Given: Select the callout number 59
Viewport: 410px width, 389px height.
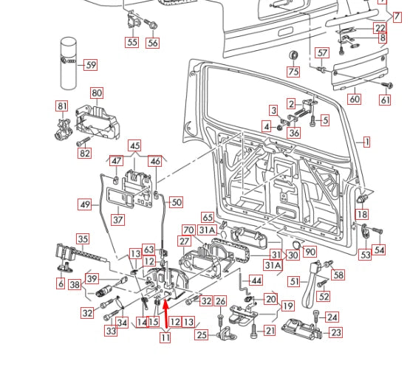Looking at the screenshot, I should [91, 65].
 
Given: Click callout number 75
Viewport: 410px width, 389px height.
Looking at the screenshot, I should [293, 72].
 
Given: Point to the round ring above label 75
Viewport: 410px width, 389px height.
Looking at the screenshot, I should [293, 55].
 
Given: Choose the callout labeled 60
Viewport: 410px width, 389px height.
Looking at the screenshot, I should [354, 99].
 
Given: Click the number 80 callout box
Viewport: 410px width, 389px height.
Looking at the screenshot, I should [97, 92].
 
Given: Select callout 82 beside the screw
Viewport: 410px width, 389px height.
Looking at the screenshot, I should [85, 153].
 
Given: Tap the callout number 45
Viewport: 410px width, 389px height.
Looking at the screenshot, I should [134, 145].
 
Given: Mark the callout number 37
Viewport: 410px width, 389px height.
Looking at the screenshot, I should [118, 219].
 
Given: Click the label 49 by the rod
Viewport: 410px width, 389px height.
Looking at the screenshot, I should [86, 204].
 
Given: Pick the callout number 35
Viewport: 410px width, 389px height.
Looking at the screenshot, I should [83, 238].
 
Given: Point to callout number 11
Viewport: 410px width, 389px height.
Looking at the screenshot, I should [165, 337].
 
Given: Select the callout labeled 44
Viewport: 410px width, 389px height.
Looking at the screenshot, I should [256, 280].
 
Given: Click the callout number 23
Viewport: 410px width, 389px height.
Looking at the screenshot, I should [335, 332].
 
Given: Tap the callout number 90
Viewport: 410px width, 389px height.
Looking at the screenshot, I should [310, 252].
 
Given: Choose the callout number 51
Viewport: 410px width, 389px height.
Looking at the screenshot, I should [293, 281].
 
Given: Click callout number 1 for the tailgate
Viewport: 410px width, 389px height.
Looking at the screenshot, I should [366, 141].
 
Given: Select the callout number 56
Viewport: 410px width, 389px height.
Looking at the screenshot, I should [152, 42].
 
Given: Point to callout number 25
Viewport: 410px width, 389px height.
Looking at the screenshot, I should [202, 335].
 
